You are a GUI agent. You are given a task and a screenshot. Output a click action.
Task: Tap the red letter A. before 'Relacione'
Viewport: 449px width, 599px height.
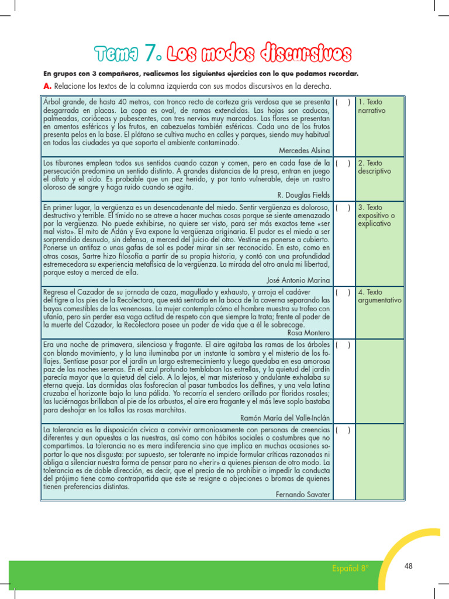click(x=46, y=86)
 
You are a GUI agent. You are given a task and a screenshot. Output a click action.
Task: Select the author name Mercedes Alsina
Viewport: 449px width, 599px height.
click(x=304, y=150)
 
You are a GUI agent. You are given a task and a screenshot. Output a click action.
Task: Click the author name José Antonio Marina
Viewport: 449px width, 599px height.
click(x=298, y=280)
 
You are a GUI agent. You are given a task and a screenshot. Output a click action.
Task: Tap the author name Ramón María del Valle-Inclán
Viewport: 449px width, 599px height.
click(x=285, y=418)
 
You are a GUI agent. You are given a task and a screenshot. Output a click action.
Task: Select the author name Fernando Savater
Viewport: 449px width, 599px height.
click(x=302, y=494)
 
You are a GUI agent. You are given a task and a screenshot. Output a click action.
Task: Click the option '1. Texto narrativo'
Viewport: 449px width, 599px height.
click(x=372, y=106)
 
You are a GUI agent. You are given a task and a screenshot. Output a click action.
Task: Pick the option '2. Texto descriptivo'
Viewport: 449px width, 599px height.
click(x=374, y=167)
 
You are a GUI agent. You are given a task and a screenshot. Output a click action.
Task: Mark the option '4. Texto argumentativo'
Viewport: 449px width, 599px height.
click(x=379, y=296)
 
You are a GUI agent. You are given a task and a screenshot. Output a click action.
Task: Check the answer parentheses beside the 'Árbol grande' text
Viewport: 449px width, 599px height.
click(x=343, y=102)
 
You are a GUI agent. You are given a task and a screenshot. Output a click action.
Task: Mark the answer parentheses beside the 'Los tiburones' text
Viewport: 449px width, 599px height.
click(x=343, y=163)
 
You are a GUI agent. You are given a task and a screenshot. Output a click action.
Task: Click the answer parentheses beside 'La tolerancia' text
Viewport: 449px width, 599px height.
click(x=343, y=430)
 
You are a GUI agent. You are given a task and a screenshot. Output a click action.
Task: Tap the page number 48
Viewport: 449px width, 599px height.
click(x=408, y=566)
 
